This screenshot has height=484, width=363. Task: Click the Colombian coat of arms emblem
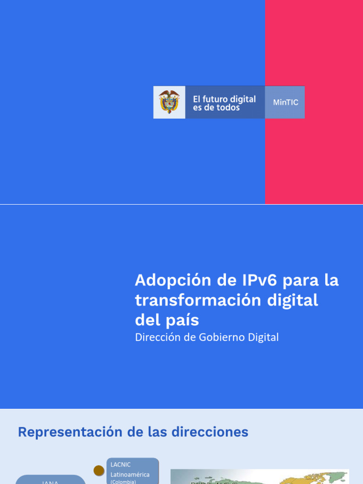[x=169, y=102]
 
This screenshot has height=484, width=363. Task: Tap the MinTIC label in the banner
[x=285, y=102]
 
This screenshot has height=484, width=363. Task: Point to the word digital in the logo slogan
[x=242, y=99]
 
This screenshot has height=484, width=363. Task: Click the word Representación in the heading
[x=69, y=432]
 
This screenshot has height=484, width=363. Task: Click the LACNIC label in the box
[x=121, y=465]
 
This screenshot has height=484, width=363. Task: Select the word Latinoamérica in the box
[x=130, y=475]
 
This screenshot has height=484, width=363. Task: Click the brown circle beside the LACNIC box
[x=99, y=470]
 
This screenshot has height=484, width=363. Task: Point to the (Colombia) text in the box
[x=123, y=482]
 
